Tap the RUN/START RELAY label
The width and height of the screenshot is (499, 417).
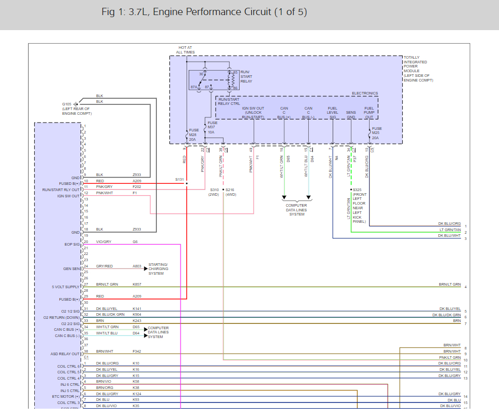click(x=246, y=77)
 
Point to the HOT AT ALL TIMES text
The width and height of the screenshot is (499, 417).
click(x=186, y=50)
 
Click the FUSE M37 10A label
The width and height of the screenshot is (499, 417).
click(x=213, y=128)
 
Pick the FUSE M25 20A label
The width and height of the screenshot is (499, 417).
click(x=377, y=132)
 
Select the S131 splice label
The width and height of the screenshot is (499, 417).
click(x=180, y=179)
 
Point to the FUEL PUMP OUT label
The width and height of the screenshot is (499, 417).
click(x=369, y=113)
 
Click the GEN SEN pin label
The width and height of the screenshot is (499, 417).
click(x=72, y=268)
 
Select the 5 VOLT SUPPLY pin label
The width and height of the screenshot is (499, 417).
click(x=66, y=287)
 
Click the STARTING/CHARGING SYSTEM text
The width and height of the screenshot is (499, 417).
click(x=158, y=269)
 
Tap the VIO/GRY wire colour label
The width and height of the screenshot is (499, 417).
click(x=104, y=241)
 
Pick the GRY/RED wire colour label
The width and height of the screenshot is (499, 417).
click(x=104, y=266)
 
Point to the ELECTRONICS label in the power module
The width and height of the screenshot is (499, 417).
click(x=365, y=93)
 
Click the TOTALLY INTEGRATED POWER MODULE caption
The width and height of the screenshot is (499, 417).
click(x=417, y=69)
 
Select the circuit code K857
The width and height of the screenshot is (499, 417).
click(x=137, y=285)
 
